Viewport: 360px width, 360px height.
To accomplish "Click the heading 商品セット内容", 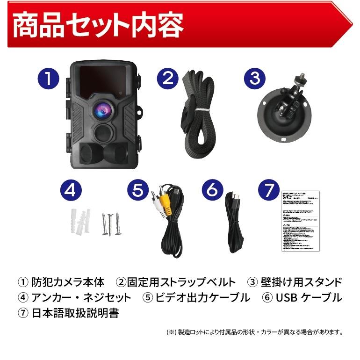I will point(98,26).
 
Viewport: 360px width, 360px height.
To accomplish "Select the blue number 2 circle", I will point(168,78).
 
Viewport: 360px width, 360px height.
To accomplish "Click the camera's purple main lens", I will point(103,110).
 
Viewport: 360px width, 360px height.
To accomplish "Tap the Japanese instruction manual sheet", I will point(300,221).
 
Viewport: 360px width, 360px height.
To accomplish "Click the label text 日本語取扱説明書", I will point(75,313).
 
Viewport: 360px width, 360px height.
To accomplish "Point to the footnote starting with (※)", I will point(255,333).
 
